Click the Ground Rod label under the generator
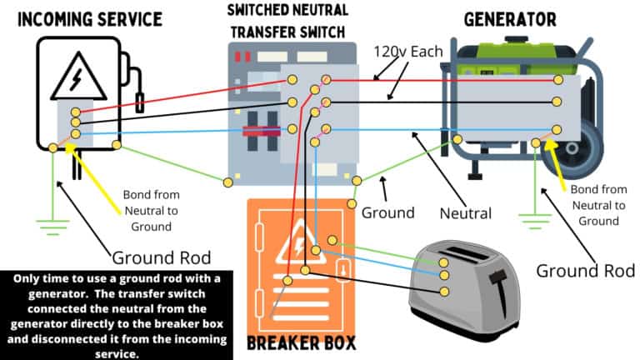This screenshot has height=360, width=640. [x=585, y=270]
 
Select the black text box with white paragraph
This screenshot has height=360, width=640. [x=115, y=313]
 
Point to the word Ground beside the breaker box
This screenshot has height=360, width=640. [x=387, y=212]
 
